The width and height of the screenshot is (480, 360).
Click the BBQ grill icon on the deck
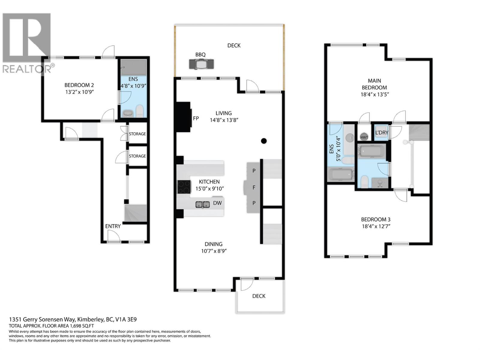click(x=201, y=64)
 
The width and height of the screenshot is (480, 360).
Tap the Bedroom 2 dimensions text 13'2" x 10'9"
click(x=79, y=92)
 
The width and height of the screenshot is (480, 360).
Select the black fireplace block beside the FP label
click(x=183, y=117)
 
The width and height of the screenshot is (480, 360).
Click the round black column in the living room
click(x=264, y=141)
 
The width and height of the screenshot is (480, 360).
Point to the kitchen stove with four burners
click(x=184, y=187)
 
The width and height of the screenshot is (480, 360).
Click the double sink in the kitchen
click(x=202, y=205)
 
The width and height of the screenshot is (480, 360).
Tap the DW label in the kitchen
click(x=217, y=203)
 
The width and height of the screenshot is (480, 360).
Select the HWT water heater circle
click(x=364, y=137)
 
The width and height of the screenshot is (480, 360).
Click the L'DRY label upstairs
click(x=382, y=132)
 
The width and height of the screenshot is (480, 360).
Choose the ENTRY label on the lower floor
click(x=113, y=226)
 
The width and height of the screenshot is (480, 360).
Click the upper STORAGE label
click(x=137, y=134)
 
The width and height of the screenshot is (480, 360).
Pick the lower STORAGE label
click(x=137, y=156)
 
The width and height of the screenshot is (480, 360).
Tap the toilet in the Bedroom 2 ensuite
click(x=140, y=111)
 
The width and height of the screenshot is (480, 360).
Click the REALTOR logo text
click(x=27, y=69)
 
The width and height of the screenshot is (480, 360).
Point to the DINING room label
click(x=213, y=244)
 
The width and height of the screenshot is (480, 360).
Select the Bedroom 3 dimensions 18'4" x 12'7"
click(x=376, y=226)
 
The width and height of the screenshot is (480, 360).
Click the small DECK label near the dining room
click(x=259, y=296)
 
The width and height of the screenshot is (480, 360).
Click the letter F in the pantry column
click(x=254, y=188)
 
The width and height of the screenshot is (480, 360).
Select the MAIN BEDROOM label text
click(x=374, y=84)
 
